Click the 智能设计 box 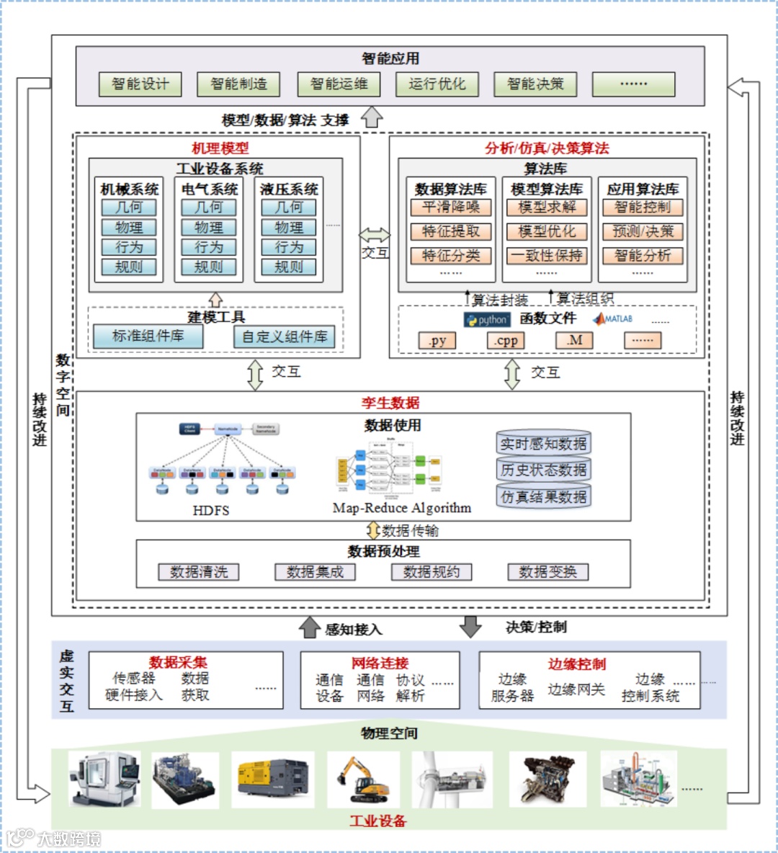click(140, 84)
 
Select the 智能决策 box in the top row click(535, 84)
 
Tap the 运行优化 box click(437, 84)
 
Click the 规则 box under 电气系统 click(209, 267)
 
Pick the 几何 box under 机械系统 click(129, 207)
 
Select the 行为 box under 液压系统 click(289, 247)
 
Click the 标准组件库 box click(148, 336)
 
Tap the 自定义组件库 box click(285, 336)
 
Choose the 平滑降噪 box click(451, 207)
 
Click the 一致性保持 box click(547, 255)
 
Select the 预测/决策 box click(643, 231)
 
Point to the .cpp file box click(506, 341)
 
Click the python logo click(487, 320)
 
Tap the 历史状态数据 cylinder click(544, 470)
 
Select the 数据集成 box click(315, 572)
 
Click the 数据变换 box click(547, 572)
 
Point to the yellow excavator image click(363, 778)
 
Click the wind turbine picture click(452, 778)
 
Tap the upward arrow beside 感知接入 click(310, 628)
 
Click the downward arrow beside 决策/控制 click(470, 627)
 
